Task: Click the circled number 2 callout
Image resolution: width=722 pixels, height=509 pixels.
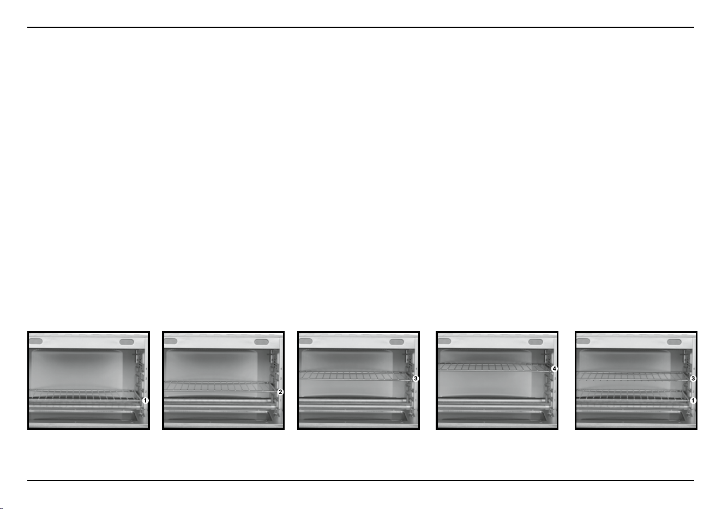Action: coord(280,392)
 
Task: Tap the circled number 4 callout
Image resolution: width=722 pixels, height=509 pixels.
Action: coord(554,369)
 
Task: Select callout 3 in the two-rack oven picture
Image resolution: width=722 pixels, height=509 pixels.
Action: coord(693,379)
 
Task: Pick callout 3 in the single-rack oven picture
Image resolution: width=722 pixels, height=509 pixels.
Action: coord(416,379)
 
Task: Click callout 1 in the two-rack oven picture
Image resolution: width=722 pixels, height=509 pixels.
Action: coord(693,400)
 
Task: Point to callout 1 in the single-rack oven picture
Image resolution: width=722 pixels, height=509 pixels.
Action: coord(145,400)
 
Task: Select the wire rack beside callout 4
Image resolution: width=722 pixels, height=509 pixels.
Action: coord(495,367)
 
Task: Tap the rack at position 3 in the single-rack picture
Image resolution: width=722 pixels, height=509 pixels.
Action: coord(356,376)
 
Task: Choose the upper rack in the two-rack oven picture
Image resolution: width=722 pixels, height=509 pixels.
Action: coord(633,376)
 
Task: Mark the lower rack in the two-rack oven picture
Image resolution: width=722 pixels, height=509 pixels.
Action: coord(633,395)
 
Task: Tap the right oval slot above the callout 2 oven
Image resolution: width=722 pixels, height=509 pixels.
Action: coord(261,342)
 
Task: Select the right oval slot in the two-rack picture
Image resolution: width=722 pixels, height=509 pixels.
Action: coord(675,342)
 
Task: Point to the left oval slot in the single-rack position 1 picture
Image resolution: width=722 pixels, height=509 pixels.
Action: coord(35,342)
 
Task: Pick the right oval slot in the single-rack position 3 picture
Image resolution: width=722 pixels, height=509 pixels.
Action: coord(396,342)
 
